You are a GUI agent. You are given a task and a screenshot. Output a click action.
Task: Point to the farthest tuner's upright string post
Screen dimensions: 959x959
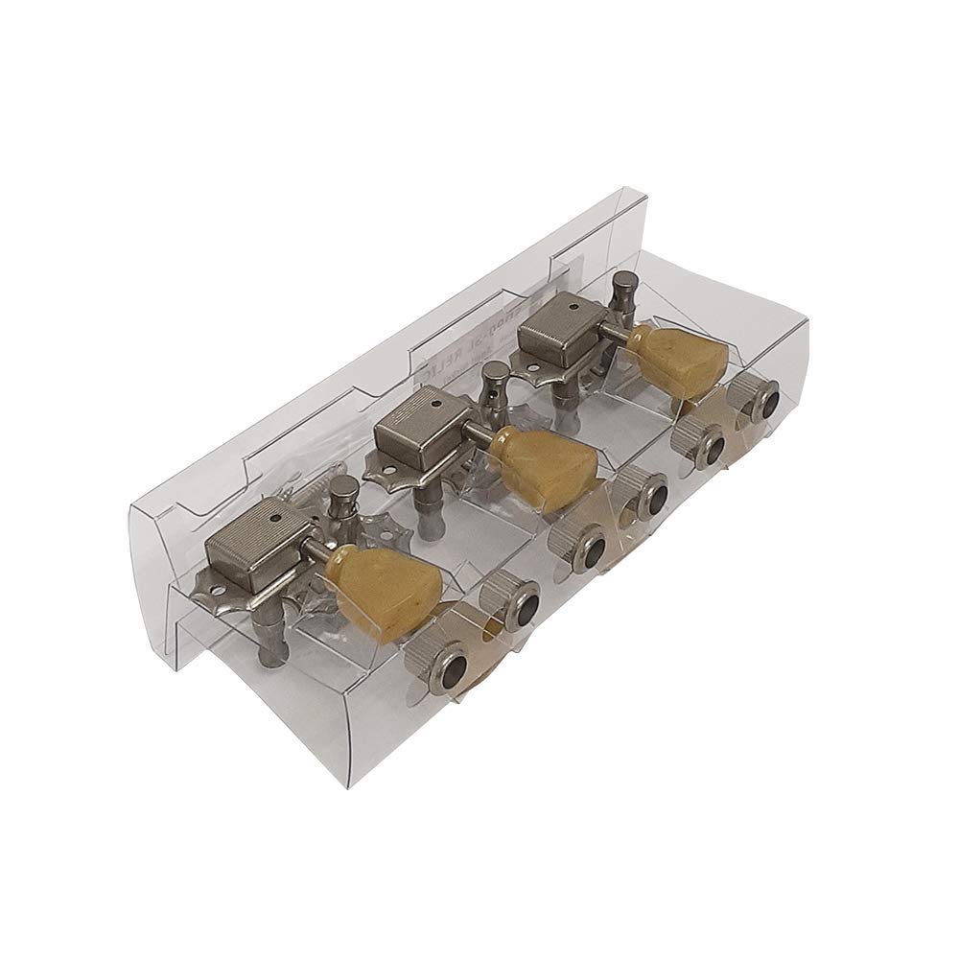(x=622, y=288)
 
